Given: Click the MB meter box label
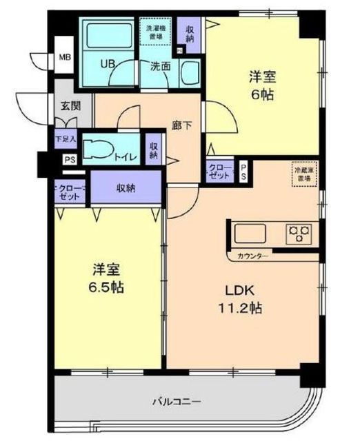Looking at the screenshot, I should (x=65, y=57).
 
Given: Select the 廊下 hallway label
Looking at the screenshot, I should (x=181, y=127).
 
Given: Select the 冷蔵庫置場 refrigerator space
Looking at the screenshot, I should (x=303, y=174).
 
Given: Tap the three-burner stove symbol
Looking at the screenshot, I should (x=299, y=232).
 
